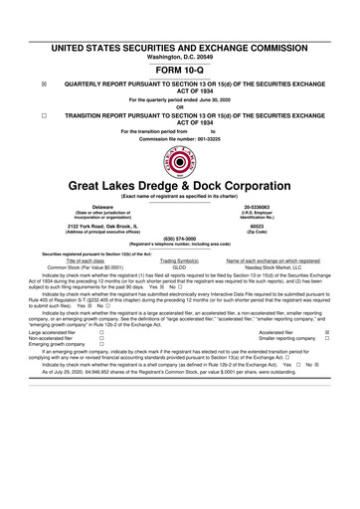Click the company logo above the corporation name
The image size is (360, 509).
point(180,162)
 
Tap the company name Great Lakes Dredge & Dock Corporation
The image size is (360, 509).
point(180,187)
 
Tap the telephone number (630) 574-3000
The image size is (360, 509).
point(180,239)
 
